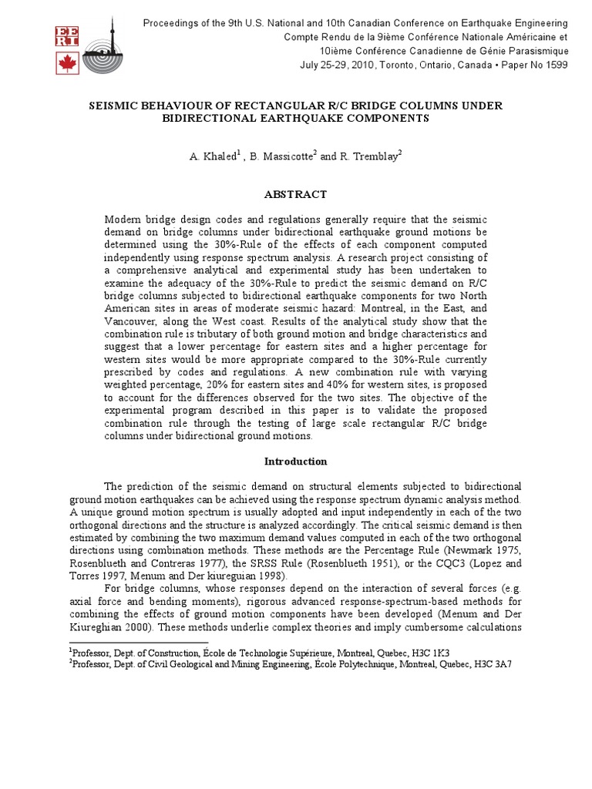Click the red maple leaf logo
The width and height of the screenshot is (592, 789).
pos(68,62)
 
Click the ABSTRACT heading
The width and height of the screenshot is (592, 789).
pos(295,194)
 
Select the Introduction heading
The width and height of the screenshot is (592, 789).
pos(295,462)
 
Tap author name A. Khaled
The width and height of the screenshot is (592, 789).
pos(211,156)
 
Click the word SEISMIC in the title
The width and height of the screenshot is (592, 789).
pos(117,106)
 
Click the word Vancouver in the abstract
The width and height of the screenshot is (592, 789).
pos(129,321)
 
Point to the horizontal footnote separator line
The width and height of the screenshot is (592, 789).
pos(138,642)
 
